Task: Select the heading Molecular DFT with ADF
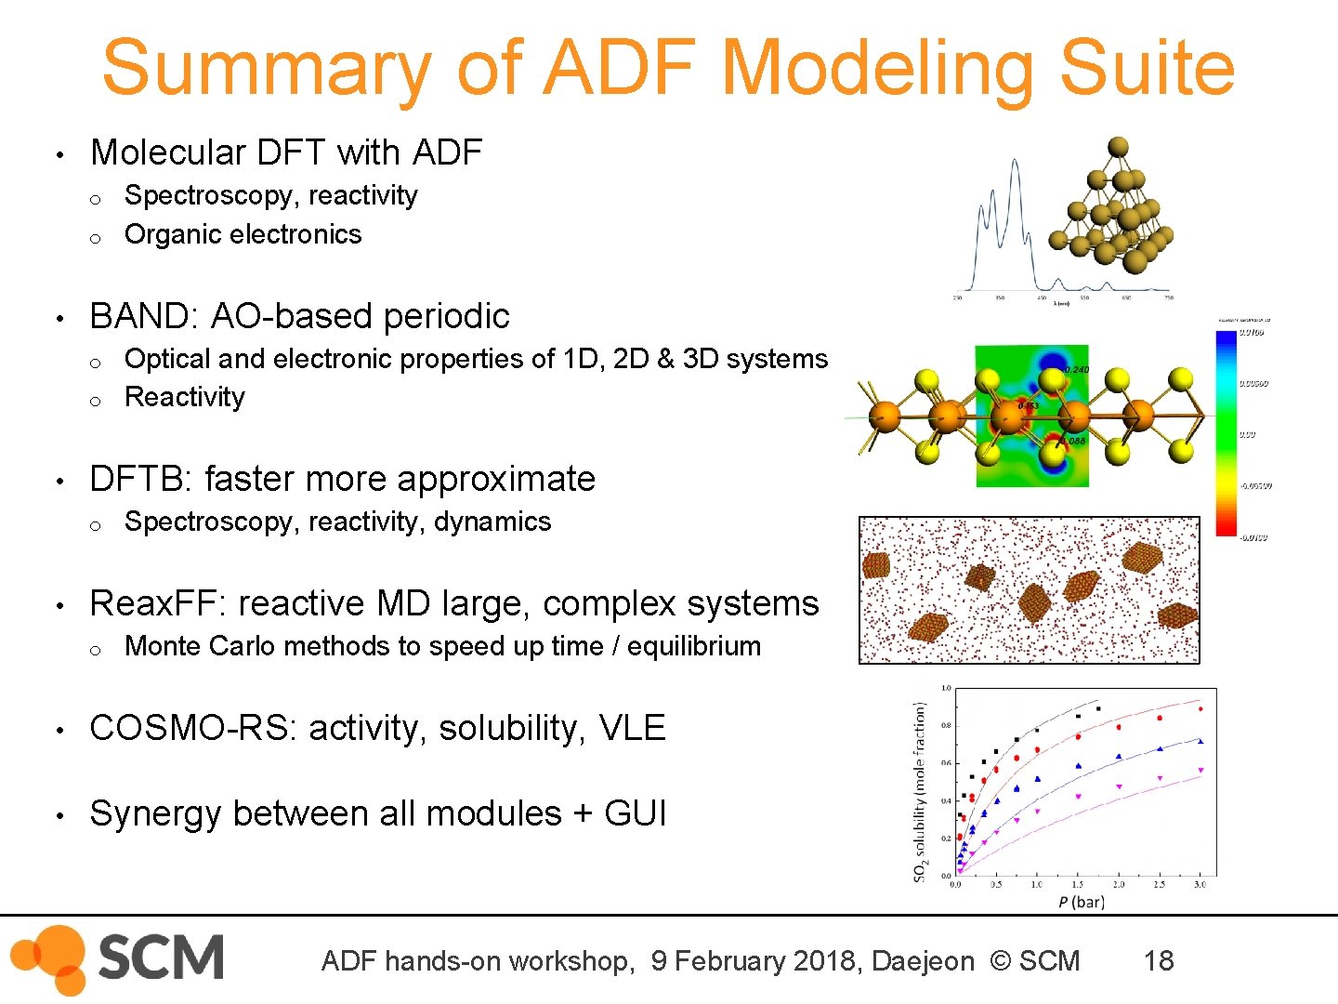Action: [286, 152]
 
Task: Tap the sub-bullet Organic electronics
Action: [243, 234]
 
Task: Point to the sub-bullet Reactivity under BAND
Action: [184, 397]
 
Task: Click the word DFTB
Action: [140, 479]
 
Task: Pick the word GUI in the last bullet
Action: [635, 813]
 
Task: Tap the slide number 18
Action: [1158, 960]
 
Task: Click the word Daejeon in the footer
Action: [923, 961]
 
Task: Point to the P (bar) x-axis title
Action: [1081, 902]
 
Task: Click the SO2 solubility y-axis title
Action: [920, 791]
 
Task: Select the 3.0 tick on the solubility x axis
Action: [1200, 884]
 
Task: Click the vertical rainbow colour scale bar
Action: [1226, 433]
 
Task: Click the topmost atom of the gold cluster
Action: [1119, 147]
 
